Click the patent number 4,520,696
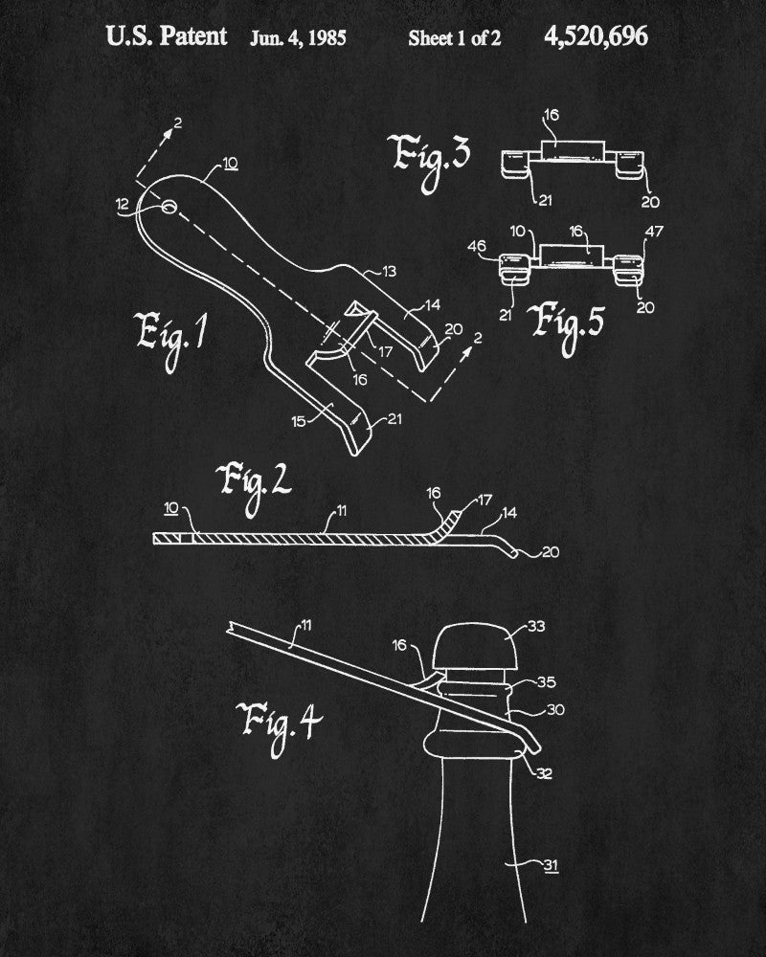coord(595,37)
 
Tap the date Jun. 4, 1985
coord(298,38)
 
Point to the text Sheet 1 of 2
coord(454,38)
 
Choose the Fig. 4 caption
coord(278,721)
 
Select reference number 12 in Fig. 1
coord(122,202)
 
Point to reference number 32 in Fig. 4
coord(545,772)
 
